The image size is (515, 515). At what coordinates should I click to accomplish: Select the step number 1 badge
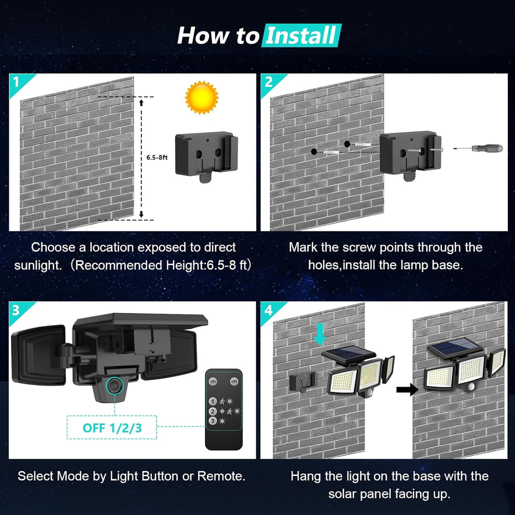(x=16, y=81)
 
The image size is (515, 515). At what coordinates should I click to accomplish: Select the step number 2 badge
(x=268, y=81)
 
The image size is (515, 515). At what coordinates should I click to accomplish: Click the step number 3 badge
(x=16, y=310)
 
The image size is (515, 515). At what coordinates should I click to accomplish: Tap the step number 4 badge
(x=268, y=310)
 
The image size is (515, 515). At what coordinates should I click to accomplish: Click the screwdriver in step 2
(x=471, y=148)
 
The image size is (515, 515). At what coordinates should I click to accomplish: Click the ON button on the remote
(x=213, y=381)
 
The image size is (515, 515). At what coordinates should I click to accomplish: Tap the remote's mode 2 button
(x=212, y=411)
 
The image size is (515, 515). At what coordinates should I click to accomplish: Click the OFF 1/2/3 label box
(x=112, y=427)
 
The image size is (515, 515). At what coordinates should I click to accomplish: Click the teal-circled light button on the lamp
(x=113, y=385)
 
